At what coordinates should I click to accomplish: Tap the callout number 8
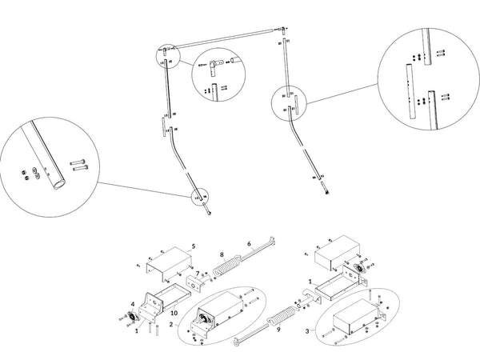point(221,254)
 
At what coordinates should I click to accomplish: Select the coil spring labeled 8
point(233,263)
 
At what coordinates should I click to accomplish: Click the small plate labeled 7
point(194,285)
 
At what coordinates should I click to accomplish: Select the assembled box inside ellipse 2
point(220,311)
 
